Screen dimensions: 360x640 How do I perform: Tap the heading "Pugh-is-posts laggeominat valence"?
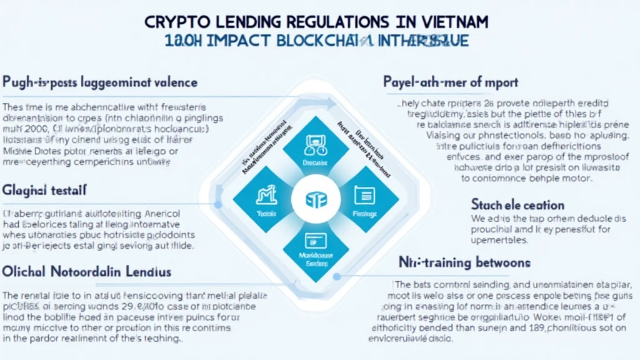(x=100, y=82)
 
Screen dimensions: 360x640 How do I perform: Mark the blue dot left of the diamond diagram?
(x=217, y=204)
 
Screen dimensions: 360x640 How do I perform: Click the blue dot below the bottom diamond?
(x=336, y=276)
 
